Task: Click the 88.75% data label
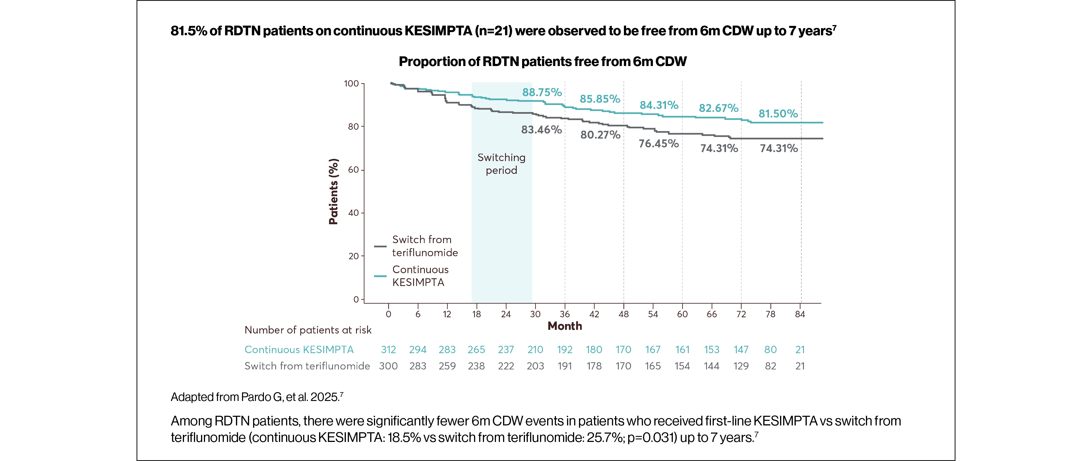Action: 542,92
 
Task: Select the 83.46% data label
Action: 541,130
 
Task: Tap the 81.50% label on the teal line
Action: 778,114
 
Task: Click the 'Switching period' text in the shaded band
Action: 501,164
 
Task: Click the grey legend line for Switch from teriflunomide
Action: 380,246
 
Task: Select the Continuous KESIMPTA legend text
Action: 420,276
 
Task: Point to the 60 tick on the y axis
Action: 353,170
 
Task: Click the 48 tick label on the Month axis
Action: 624,314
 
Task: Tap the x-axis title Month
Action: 565,326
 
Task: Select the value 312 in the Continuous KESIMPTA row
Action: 388,350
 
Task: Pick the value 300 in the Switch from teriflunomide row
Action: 388,366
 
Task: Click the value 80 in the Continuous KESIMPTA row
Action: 770,350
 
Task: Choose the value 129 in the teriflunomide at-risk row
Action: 741,366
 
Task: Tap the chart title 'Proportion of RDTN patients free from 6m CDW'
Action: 543,61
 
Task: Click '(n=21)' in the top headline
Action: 493,31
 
